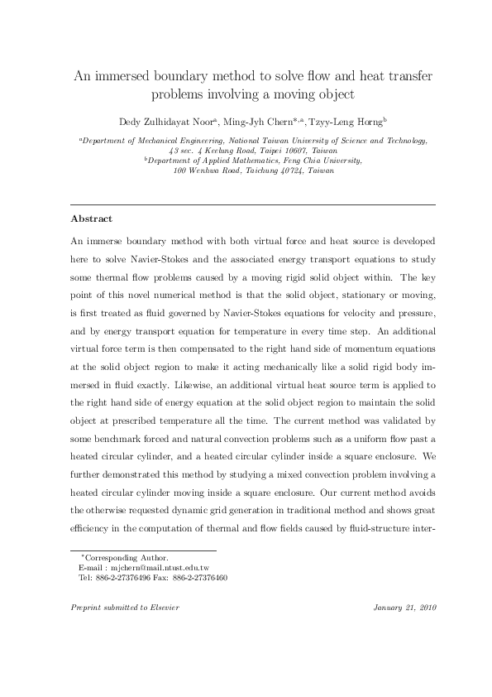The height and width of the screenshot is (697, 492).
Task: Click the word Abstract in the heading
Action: click(x=91, y=219)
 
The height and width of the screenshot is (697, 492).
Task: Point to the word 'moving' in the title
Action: click(x=304, y=94)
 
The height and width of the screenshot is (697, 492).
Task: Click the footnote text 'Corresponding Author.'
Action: click(x=127, y=559)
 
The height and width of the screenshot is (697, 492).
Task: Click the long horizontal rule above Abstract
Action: click(x=253, y=204)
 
